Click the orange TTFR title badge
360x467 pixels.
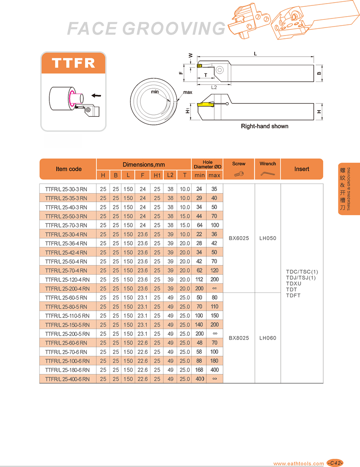pos(73,63)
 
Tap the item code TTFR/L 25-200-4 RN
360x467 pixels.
pos(67,289)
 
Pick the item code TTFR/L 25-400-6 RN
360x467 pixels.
pos(67,379)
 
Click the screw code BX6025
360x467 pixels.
pos(238,238)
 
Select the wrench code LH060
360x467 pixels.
pos(268,338)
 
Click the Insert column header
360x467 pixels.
pos(301,169)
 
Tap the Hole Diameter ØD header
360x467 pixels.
pos(207,164)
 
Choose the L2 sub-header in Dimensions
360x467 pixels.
pos(170,175)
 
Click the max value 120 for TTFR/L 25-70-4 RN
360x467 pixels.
pos(214,271)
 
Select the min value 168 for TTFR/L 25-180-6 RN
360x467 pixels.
pos(200,370)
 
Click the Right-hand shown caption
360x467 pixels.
pos(265,126)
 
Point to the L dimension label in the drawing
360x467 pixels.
pos(255,54)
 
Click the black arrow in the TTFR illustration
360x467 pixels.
pos(95,95)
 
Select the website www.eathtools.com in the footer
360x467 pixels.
pos(298,463)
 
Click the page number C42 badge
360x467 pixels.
pos(335,463)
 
